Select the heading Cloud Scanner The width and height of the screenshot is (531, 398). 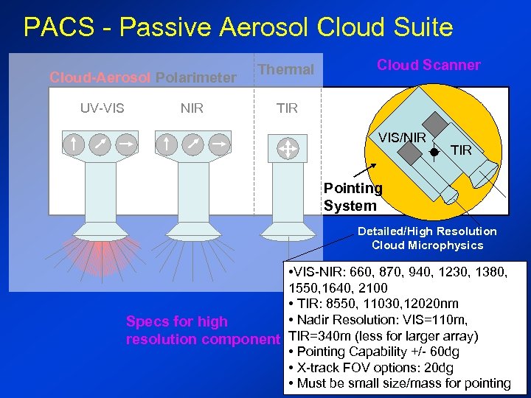[x=428, y=65]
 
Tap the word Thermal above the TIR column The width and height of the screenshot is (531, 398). [x=286, y=69]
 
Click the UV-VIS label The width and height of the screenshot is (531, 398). [x=102, y=108]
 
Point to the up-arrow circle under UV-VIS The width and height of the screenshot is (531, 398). [x=74, y=144]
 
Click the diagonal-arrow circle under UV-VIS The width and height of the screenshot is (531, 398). [x=100, y=144]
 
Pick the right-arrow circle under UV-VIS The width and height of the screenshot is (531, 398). [x=125, y=144]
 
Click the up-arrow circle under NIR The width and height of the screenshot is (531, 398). [x=167, y=144]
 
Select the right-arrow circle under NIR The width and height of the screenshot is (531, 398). [x=218, y=144]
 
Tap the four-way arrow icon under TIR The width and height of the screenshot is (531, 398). [x=286, y=148]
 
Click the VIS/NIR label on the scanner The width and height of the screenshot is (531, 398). [x=403, y=137]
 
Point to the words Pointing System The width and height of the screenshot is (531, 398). [x=353, y=197]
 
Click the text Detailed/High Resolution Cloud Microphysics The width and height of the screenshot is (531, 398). [x=427, y=238]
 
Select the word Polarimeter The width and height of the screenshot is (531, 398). [x=196, y=77]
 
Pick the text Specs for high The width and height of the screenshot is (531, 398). [x=177, y=321]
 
